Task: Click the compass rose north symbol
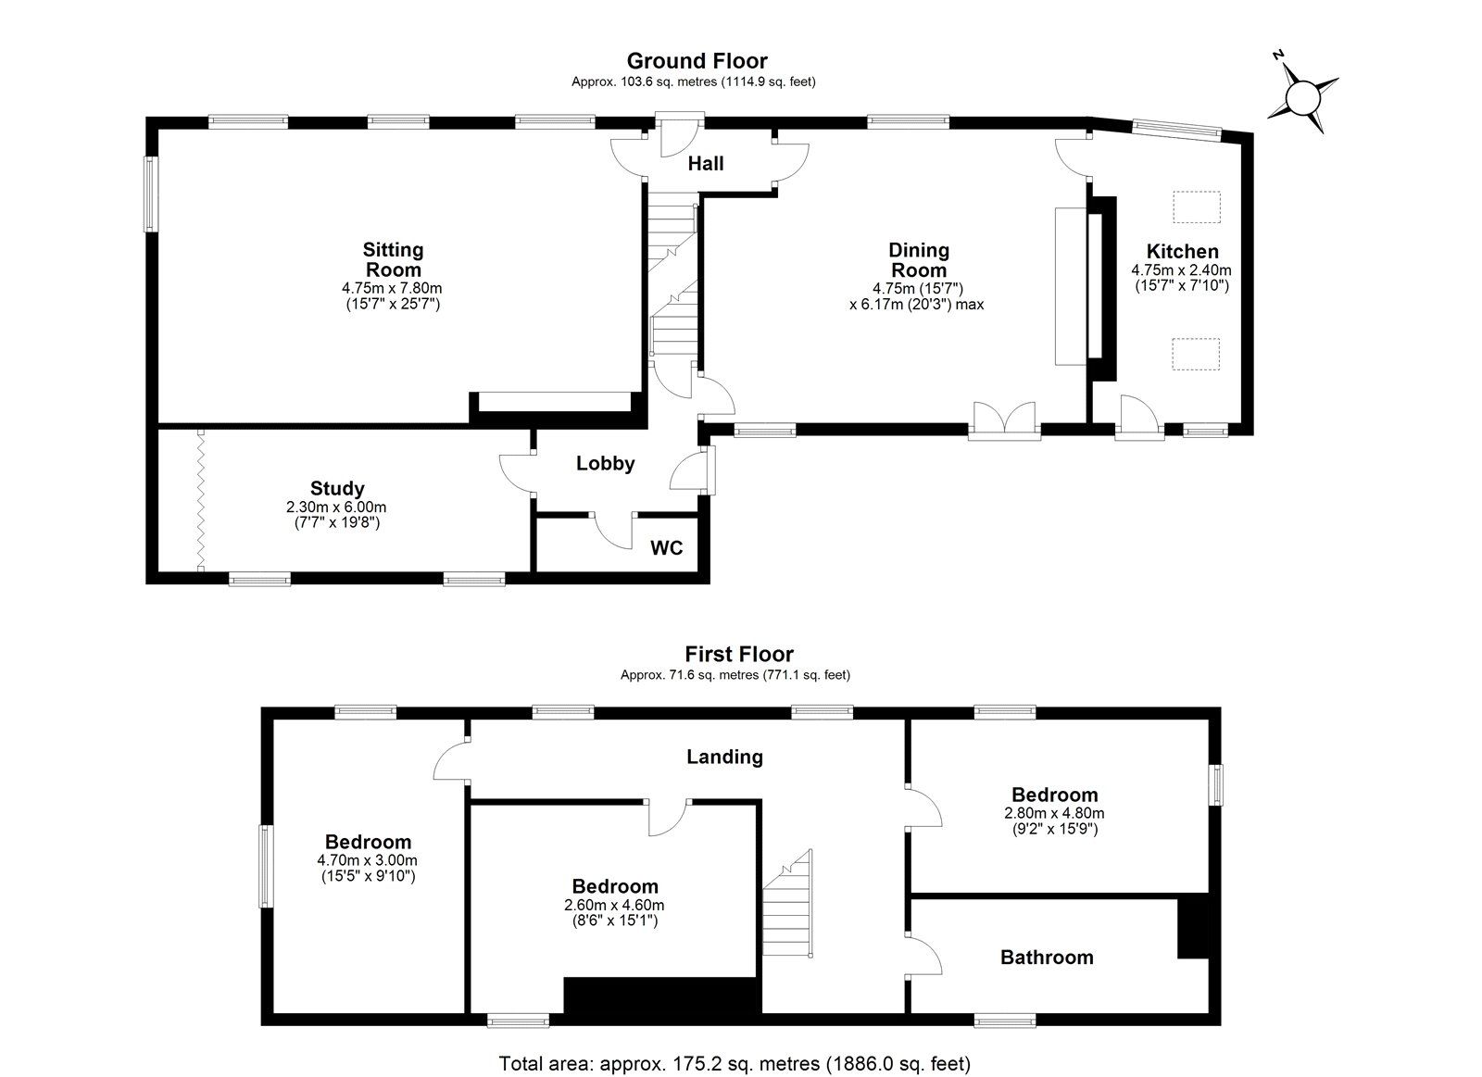click(1302, 95)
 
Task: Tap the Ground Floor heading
click(697, 61)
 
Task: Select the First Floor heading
click(739, 655)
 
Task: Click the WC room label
click(666, 548)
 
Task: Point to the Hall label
click(706, 164)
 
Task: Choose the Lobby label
click(605, 464)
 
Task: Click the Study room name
click(337, 489)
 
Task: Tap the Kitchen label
click(1182, 252)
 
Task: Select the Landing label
click(724, 758)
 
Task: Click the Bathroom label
click(1047, 958)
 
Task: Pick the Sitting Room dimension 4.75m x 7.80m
click(392, 289)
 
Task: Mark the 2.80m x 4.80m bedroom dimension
click(1054, 814)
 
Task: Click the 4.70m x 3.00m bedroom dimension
click(368, 860)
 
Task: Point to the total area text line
click(735, 1063)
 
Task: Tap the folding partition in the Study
click(200, 500)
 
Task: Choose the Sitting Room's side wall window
click(149, 194)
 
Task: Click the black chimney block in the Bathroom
click(1193, 927)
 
